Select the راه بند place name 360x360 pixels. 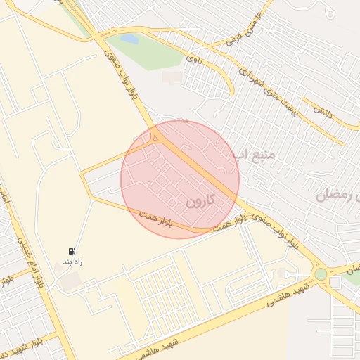[74, 262]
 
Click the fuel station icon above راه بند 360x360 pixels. [72, 251]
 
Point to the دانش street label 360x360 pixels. [323, 112]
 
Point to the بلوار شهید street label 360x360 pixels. [21, 345]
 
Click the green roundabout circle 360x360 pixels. [321, 274]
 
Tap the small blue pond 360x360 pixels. [129, 39]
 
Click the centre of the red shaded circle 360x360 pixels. [180, 179]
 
